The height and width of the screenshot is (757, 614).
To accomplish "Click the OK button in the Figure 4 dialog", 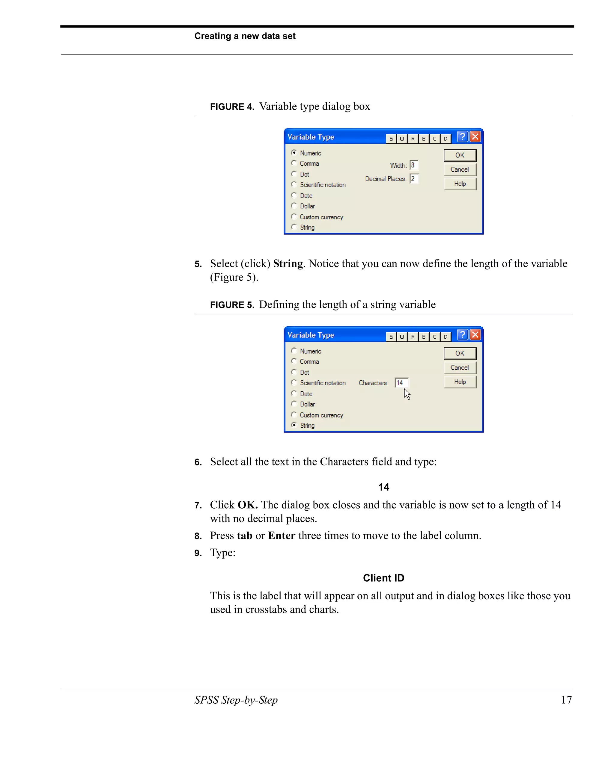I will (460, 155).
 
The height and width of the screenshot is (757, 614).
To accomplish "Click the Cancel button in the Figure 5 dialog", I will (460, 367).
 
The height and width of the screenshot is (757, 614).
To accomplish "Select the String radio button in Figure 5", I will (294, 425).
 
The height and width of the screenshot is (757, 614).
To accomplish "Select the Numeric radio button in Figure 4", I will (294, 153).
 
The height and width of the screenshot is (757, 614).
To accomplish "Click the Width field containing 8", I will (414, 165).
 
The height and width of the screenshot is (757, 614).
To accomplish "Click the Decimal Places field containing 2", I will (414, 179).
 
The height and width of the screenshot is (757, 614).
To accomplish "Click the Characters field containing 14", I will (401, 383).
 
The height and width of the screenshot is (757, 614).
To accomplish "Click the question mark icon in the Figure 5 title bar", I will (462, 334).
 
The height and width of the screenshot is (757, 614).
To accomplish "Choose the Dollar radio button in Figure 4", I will (294, 206).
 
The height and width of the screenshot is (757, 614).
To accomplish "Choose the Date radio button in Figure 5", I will (294, 393).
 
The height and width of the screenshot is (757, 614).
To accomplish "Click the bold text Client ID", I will (383, 578).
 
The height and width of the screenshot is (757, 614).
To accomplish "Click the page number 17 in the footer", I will (566, 700).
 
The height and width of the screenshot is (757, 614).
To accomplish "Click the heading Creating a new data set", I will (245, 36).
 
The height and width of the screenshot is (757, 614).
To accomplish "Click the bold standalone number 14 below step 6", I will (383, 487).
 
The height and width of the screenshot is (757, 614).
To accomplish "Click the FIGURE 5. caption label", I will (232, 305).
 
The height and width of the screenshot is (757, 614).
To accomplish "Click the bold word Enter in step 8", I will (282, 535).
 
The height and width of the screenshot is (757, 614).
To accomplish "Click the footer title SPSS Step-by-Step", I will (236, 700).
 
